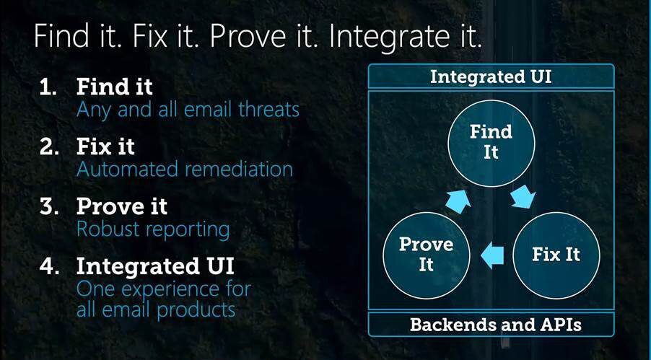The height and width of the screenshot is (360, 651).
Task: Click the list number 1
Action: tap(48, 87)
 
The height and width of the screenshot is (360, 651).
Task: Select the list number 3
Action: tap(49, 207)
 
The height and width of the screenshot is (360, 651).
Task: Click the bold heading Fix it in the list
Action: tap(105, 147)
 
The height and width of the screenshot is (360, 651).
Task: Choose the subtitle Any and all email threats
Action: tap(188, 110)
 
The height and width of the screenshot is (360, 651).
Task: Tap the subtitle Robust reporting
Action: tap(153, 229)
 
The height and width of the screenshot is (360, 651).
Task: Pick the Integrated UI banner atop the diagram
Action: tap(491, 76)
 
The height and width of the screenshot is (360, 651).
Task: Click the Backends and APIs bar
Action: tap(491, 325)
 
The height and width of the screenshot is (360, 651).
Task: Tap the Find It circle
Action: tap(491, 143)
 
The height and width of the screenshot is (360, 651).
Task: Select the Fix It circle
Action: tap(556, 255)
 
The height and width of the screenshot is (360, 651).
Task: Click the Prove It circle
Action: tap(426, 255)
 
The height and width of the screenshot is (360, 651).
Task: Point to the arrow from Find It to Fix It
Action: tap(522, 196)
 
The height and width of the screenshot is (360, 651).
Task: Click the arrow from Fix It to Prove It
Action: tap(492, 255)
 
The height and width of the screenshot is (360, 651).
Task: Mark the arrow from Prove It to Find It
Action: tap(459, 201)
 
